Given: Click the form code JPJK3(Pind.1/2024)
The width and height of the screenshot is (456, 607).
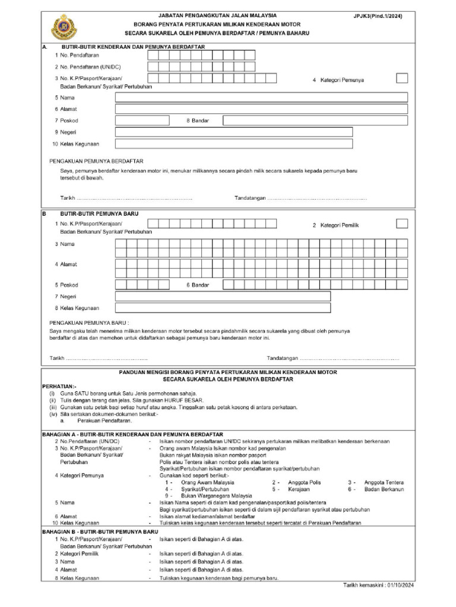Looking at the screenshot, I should click(378, 16).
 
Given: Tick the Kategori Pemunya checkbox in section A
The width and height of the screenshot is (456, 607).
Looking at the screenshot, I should click(402, 78).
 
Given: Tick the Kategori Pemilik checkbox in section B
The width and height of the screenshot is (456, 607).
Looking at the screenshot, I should click(402, 223).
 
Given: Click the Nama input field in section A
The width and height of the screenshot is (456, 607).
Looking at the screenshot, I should click(261, 97).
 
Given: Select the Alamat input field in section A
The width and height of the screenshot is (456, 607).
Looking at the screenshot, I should click(261, 109).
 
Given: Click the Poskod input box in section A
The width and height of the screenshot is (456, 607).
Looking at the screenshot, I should click(142, 120).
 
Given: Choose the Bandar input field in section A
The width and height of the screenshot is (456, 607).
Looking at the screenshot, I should click(315, 120).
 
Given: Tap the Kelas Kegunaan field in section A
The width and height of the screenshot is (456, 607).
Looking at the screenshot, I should click(233, 143).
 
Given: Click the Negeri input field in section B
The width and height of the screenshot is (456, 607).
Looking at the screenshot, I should click(223, 296).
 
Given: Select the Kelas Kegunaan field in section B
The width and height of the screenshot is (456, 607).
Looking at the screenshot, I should click(223, 308).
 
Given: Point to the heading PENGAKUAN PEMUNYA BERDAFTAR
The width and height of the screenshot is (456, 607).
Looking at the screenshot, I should click(96, 161).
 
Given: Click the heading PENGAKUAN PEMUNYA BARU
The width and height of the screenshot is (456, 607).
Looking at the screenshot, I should click(88, 323).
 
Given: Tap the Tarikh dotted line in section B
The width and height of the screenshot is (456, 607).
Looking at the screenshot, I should click(106, 359).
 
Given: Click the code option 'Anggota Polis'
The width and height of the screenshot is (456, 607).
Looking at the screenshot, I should click(304, 483).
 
